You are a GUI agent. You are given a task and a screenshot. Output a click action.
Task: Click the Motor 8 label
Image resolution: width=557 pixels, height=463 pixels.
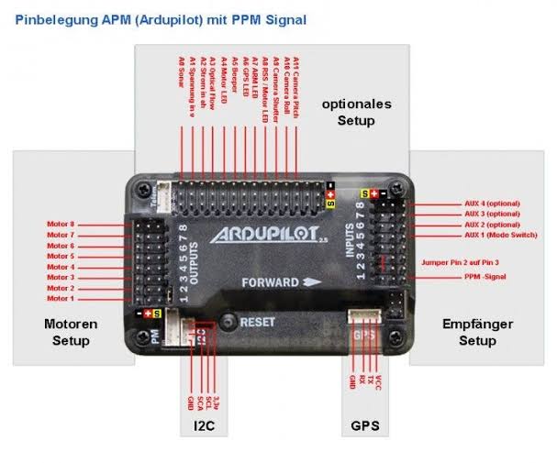point(61,224)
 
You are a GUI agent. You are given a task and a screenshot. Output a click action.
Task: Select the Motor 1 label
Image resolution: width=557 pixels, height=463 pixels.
point(61,298)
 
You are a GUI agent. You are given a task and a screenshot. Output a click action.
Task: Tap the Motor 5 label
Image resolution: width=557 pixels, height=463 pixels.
point(61,256)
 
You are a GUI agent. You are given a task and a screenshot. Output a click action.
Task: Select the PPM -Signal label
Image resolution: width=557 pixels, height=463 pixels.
point(485,276)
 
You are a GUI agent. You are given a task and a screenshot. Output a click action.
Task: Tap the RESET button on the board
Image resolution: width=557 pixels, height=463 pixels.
point(228,323)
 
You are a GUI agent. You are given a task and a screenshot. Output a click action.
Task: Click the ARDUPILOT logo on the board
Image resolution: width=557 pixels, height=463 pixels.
point(262,236)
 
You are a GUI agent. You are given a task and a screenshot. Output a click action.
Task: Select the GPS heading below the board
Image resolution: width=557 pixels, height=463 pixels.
point(364,426)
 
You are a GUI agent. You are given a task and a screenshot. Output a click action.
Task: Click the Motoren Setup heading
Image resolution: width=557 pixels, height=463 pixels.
point(70,332)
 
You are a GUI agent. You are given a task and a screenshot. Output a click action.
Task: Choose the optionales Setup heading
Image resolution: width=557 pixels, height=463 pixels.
point(356,112)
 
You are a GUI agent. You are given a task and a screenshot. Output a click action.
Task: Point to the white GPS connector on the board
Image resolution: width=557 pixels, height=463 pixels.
point(364,318)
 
